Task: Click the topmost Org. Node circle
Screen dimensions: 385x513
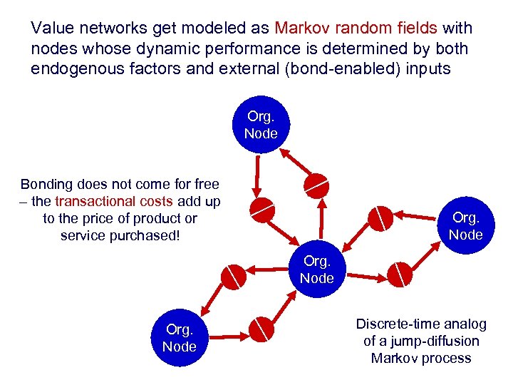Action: [261, 125]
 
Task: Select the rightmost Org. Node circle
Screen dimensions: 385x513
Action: [465, 227]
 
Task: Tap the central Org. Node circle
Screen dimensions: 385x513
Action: [316, 269]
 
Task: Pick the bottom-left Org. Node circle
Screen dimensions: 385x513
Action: [179, 338]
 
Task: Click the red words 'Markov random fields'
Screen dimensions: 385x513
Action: [356, 29]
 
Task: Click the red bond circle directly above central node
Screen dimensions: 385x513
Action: [316, 185]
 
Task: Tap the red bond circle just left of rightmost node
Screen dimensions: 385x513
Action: [380, 217]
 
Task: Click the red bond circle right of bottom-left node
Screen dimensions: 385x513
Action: [261, 329]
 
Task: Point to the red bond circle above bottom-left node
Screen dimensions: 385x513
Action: [233, 277]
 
